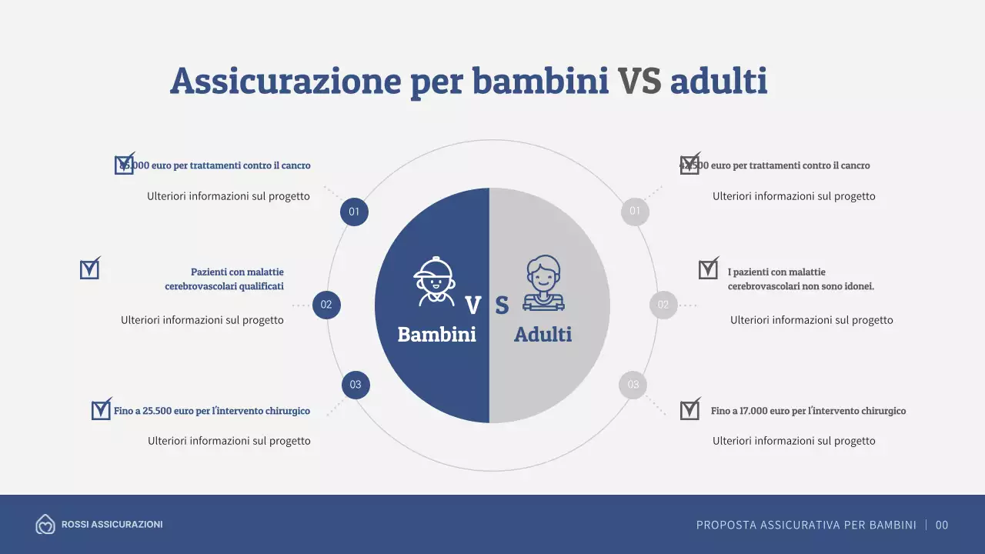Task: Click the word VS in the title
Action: coord(639,82)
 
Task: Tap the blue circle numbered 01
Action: coord(354,212)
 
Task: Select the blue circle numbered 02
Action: coord(326,305)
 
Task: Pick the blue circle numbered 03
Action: coord(356,385)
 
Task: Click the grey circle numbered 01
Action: coord(635,212)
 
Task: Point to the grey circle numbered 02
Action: coord(663,305)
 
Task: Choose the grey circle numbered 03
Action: coord(633,385)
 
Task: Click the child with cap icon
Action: coord(434,281)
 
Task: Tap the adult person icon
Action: coord(543,282)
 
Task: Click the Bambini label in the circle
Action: coord(436,335)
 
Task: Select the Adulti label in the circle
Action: coord(543,335)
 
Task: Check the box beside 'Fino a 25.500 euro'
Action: coord(101,410)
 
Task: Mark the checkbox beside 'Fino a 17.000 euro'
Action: coord(689,410)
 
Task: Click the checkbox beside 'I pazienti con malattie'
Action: coord(708,269)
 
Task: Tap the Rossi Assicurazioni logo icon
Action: coord(45,525)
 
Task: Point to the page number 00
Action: coord(942,526)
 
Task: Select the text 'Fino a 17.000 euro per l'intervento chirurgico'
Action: coord(808,411)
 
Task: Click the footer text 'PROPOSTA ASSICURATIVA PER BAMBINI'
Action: coord(806,526)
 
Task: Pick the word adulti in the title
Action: coord(718,82)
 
